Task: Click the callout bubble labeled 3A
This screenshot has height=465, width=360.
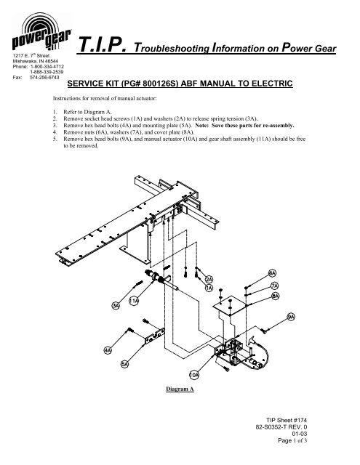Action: pos(116,306)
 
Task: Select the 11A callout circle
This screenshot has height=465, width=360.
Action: pos(135,300)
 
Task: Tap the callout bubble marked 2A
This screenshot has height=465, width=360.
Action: pos(209,280)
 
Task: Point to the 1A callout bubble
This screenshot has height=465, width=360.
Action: pos(209,288)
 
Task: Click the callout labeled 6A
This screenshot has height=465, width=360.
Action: pos(271,272)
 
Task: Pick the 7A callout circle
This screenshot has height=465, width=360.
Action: pos(274,286)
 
